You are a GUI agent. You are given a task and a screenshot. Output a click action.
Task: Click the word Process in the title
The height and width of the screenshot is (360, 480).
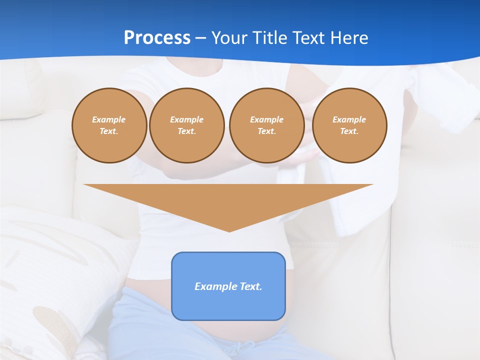157,38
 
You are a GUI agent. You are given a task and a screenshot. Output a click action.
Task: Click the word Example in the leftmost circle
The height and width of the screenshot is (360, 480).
109,119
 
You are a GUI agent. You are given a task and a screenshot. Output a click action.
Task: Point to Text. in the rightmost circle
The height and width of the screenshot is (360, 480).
349,131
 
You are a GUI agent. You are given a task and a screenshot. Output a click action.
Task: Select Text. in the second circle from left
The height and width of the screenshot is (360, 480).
186,131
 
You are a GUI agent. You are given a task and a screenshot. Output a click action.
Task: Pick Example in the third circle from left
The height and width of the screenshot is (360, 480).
266,119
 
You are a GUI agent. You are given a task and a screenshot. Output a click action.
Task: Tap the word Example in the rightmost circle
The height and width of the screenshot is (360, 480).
349,119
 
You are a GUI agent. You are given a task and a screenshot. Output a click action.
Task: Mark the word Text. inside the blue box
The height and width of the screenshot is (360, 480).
250,286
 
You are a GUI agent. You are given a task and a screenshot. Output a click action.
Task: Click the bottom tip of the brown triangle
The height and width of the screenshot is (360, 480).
228,230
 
